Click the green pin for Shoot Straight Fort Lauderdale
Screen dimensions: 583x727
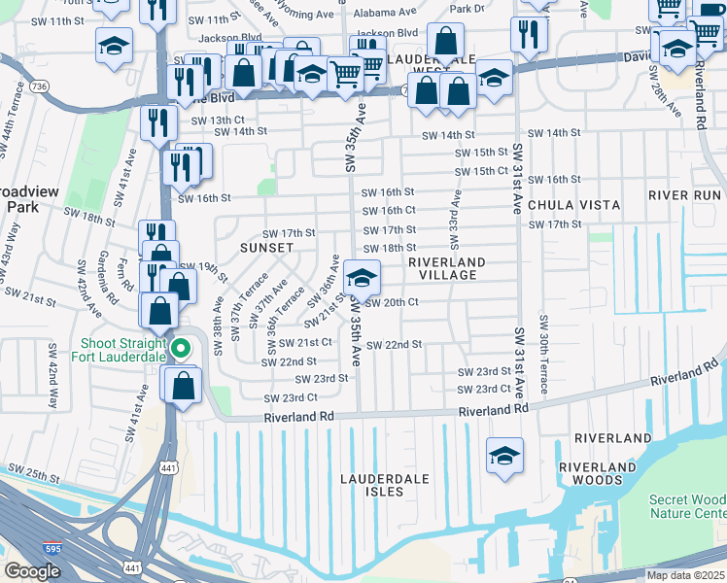pos(180,348)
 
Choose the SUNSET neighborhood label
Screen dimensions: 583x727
pos(266,248)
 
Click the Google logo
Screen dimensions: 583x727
pos(32,571)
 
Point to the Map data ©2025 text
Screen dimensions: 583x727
pos(685,575)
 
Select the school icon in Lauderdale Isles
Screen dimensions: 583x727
pos(505,456)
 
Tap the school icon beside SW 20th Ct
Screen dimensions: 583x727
pos(362,279)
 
